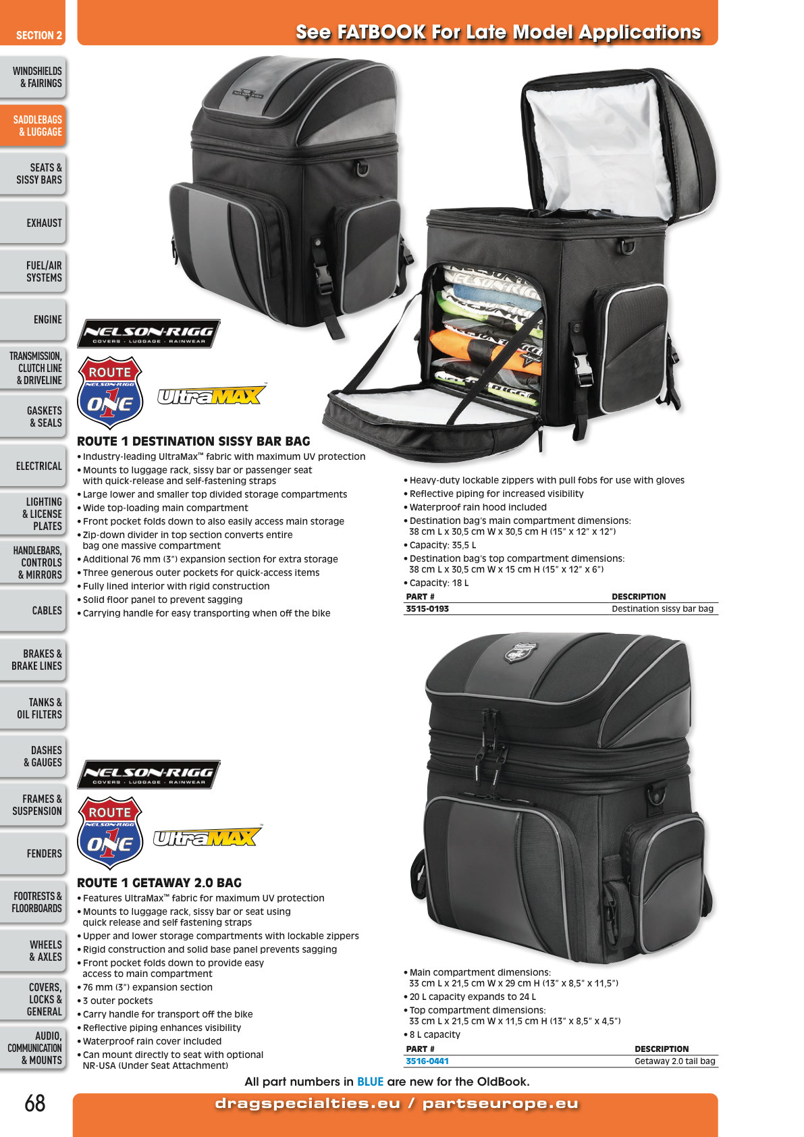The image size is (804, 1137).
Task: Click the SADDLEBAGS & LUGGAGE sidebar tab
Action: click(33, 126)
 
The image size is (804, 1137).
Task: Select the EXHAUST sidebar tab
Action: click(33, 223)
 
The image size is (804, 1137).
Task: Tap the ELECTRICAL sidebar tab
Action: click(33, 466)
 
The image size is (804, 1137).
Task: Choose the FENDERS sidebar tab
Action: click(33, 854)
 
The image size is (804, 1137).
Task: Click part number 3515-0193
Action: click(427, 608)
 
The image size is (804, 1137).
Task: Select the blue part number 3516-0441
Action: click(427, 1061)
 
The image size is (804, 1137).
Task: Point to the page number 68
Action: click(35, 1103)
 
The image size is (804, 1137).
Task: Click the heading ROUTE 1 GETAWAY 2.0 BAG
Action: click(159, 882)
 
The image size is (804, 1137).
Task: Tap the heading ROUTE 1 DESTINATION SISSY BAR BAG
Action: click(193, 441)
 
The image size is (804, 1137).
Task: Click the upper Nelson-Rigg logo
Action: click(149, 334)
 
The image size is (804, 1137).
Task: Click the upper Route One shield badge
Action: click(110, 393)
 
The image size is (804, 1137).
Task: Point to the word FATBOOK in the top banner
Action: click(381, 32)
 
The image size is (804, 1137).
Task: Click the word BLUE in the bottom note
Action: click(370, 1082)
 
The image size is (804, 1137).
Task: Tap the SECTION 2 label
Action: click(39, 35)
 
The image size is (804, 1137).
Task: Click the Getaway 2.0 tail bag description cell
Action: click(674, 1061)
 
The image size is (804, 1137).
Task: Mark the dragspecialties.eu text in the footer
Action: click(308, 1103)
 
